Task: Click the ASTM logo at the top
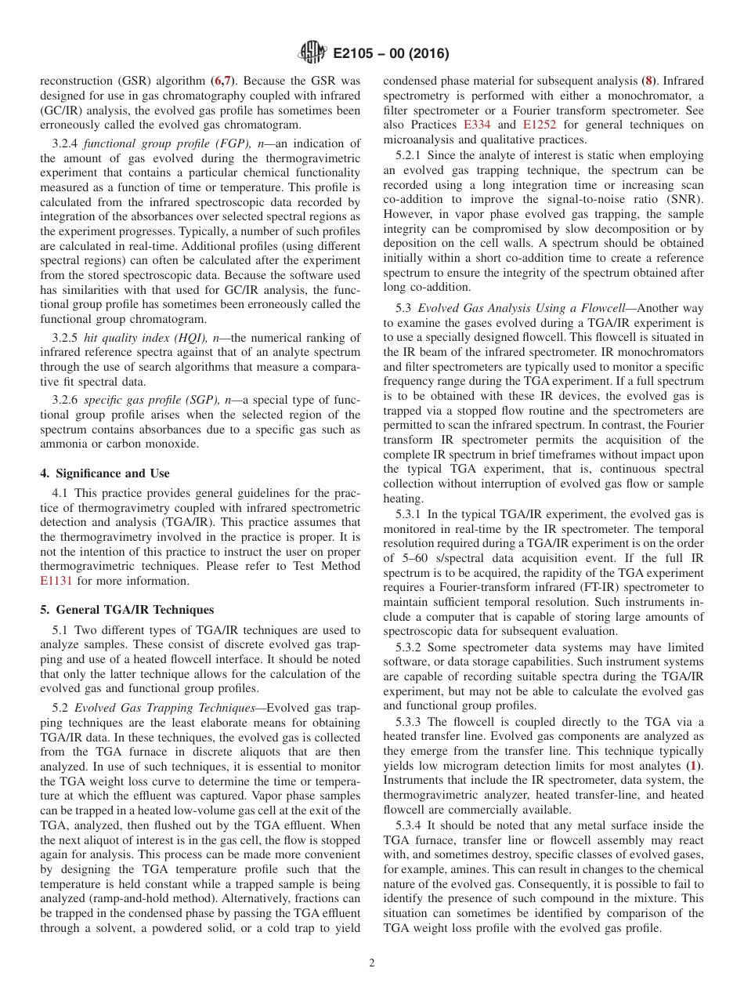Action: point(312,53)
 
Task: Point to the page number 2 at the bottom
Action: point(372,963)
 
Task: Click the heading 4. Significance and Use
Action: point(104,473)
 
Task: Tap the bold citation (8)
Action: point(649,80)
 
